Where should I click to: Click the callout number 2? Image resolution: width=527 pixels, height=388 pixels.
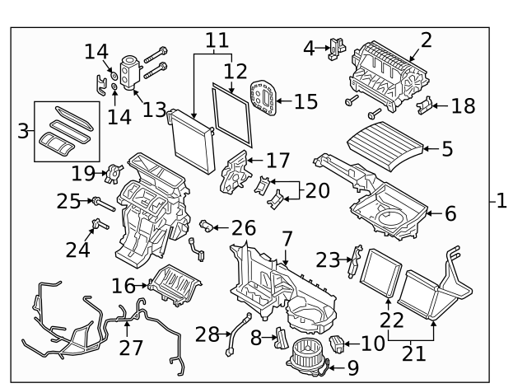pyautogui.click(x=426, y=39)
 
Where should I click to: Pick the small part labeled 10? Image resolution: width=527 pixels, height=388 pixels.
pyautogui.click(x=337, y=343)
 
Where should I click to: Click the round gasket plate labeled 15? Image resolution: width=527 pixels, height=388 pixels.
pyautogui.click(x=263, y=99)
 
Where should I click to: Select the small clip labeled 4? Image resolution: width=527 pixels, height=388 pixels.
pyautogui.click(x=337, y=46)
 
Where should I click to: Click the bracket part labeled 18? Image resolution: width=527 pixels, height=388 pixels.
pyautogui.click(x=424, y=105)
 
